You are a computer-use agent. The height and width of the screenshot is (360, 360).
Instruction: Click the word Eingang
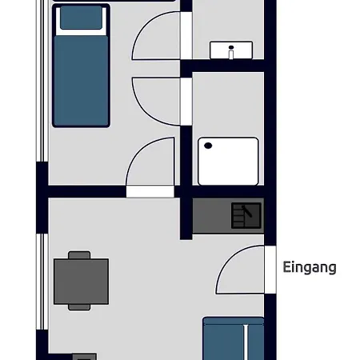310,268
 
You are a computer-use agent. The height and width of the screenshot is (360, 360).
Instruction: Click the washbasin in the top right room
231,51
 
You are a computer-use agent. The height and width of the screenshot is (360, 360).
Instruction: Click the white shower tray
229,161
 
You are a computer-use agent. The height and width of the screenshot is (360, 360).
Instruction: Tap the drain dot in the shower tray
208,146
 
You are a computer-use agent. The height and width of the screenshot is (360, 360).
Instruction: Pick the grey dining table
81,281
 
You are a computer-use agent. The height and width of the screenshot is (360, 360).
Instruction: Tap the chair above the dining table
80,255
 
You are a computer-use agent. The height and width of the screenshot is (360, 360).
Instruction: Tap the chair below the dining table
80,306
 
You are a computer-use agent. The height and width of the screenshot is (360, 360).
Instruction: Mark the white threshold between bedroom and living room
150,191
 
